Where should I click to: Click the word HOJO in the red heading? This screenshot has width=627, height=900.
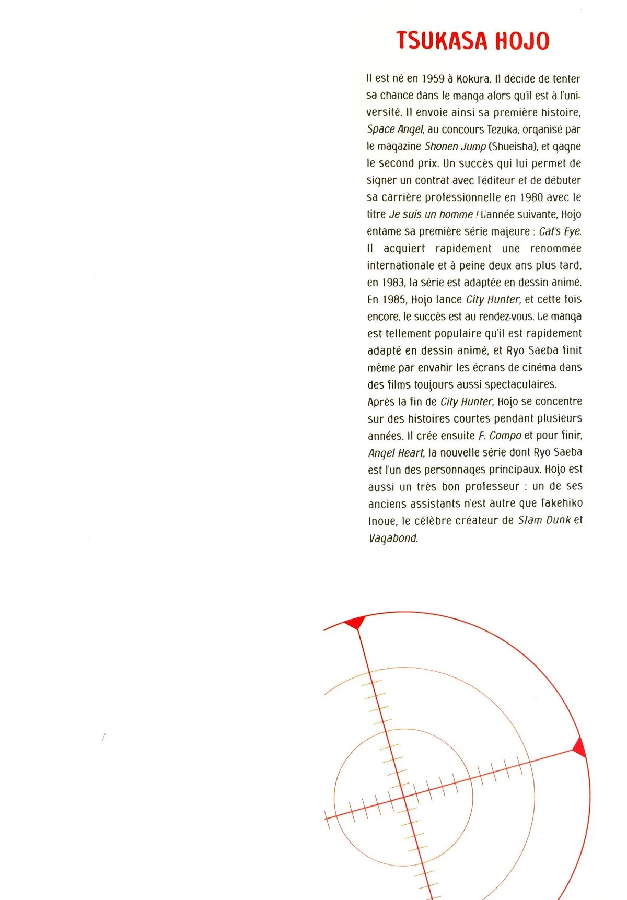coord(522,41)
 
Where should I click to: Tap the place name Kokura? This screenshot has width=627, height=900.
coord(473,79)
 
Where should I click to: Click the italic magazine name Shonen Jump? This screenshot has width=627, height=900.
coord(455,147)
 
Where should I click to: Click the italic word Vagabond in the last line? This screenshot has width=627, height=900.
coord(393,538)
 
